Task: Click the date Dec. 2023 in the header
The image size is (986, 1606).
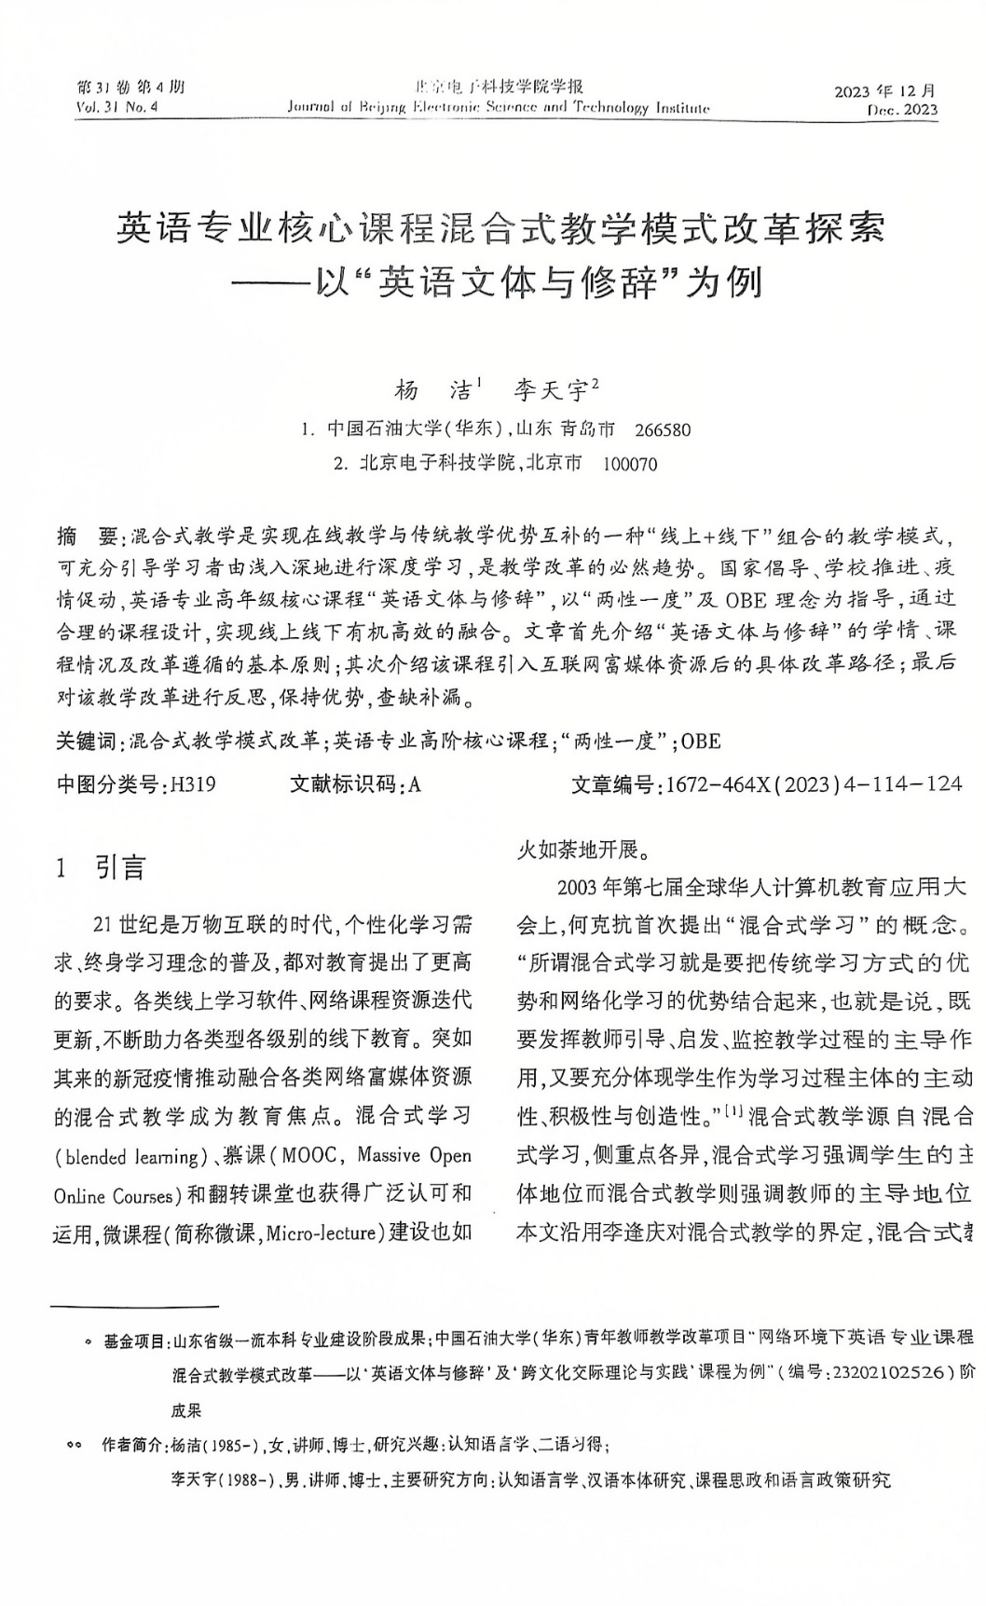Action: [901, 110]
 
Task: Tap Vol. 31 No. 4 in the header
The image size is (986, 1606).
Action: [118, 108]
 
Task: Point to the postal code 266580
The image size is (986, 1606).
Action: [663, 430]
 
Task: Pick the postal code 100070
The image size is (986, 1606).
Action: [630, 464]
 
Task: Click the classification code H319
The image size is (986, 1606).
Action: [191, 784]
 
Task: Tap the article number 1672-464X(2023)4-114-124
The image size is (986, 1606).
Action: [810, 784]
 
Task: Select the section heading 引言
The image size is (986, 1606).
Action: [121, 869]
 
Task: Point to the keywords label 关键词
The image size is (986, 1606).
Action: [87, 742]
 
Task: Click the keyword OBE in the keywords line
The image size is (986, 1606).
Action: [701, 742]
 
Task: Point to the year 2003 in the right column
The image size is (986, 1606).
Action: [578, 885]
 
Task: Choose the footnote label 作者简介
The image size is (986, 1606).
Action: [132, 1446]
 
